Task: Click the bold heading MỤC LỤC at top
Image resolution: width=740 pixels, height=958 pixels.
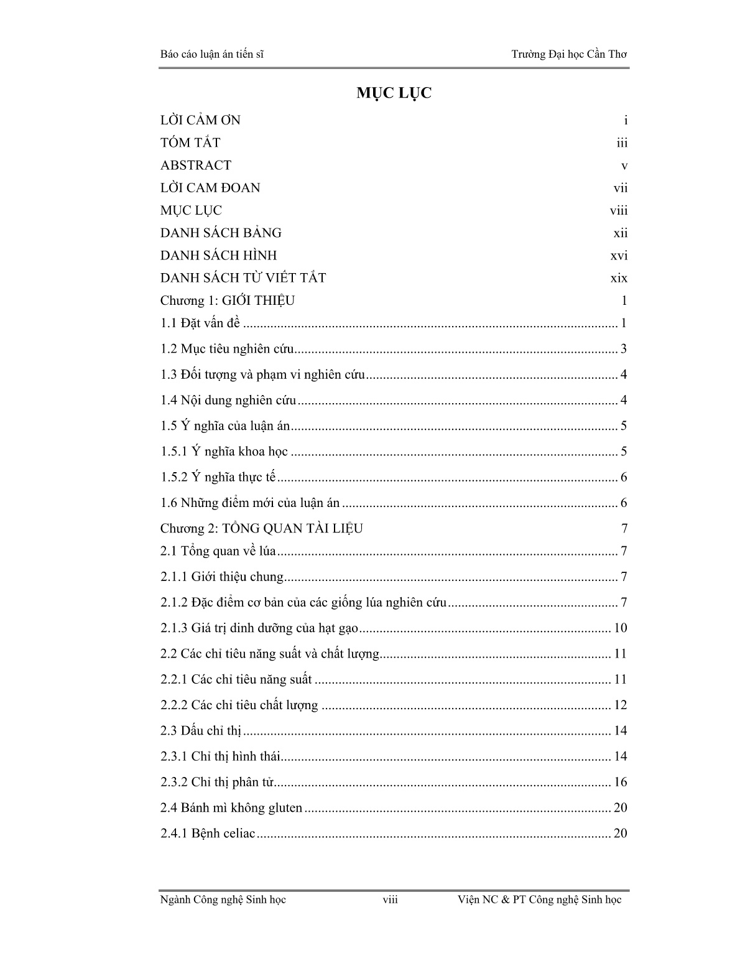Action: tap(394, 93)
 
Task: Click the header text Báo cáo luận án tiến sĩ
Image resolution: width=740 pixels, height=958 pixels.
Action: tap(211, 54)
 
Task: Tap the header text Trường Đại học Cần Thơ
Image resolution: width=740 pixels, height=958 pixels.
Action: tap(569, 54)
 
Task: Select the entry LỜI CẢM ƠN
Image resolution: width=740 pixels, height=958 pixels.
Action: tap(200, 120)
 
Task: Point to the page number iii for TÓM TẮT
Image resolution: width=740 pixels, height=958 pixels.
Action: tap(622, 143)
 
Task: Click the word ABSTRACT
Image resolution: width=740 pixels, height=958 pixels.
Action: tap(195, 165)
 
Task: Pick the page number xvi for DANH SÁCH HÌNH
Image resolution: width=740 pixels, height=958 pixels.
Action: tap(619, 256)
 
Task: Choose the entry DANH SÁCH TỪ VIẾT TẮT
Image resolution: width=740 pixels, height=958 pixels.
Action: tap(243, 278)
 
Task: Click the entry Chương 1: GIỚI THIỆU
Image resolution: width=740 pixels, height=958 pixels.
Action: tap(227, 301)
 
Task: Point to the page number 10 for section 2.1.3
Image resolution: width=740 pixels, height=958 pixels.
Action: tap(620, 628)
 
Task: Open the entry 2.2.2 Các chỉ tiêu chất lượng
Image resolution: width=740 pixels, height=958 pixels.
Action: tap(239, 705)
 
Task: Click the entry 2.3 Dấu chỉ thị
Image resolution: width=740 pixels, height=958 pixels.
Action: tap(200, 731)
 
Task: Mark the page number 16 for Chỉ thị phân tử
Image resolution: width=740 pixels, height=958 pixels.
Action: tap(620, 783)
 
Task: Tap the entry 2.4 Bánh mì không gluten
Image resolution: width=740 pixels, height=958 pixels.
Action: tap(231, 808)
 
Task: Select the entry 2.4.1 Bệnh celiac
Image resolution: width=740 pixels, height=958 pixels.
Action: tap(208, 834)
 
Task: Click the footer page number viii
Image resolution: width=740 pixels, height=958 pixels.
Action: tap(390, 900)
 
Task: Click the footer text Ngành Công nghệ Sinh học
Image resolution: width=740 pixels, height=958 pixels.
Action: tap(223, 900)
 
